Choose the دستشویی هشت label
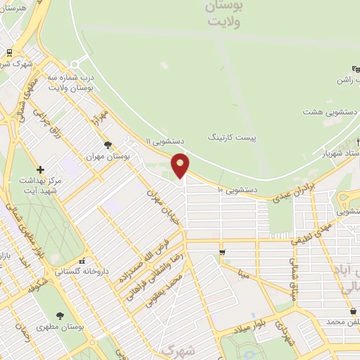coord(332,112)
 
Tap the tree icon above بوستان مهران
coord(107,146)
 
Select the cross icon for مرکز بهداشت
coord(40,169)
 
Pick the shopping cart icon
coord(222,252)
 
